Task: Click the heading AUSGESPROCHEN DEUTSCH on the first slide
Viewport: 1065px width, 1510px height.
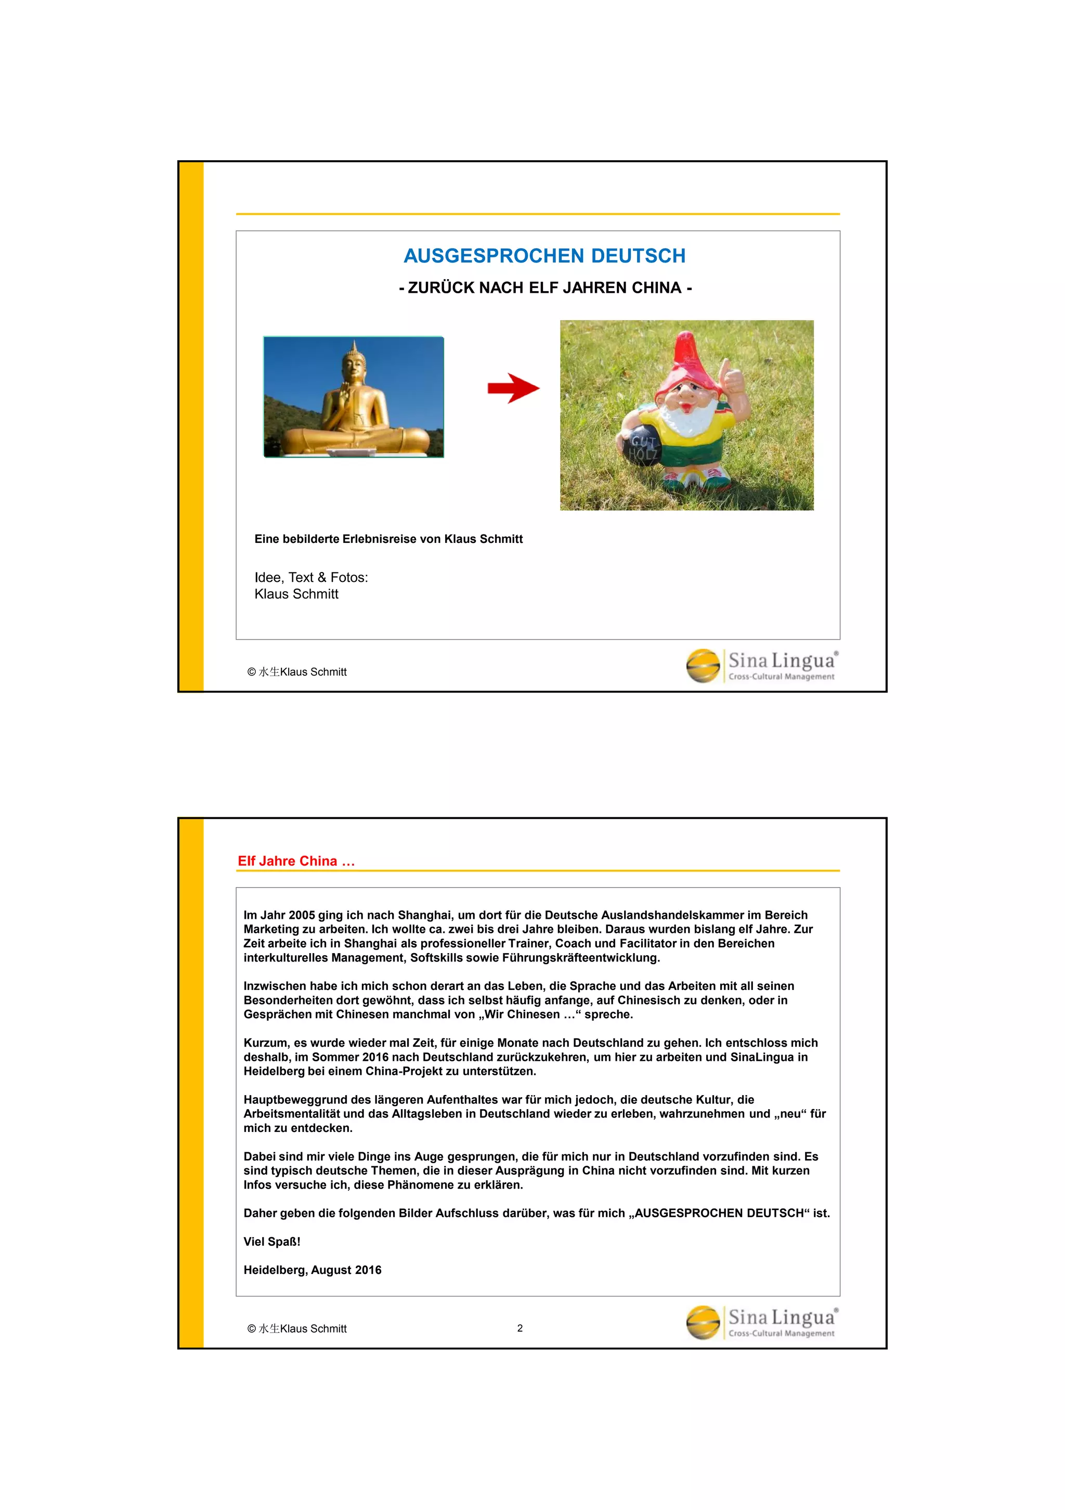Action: click(544, 256)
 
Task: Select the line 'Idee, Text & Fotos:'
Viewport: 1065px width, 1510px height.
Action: click(311, 578)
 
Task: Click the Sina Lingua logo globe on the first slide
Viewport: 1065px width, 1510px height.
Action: click(703, 666)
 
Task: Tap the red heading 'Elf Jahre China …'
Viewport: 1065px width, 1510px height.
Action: click(296, 861)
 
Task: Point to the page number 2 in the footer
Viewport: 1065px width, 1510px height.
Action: click(519, 1328)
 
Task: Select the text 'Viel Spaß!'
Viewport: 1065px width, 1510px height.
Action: click(271, 1242)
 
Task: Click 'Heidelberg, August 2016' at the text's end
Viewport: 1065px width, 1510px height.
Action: click(312, 1270)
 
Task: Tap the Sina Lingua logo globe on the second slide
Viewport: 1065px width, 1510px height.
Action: click(703, 1322)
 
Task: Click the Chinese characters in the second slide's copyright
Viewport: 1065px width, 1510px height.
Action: click(269, 1329)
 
